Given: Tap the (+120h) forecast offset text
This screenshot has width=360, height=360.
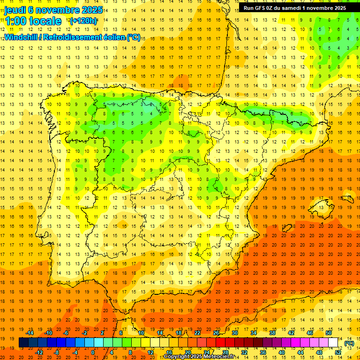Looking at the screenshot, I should pyautogui.click(x=83, y=21).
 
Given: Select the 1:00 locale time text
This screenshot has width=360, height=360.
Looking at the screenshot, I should pyautogui.click(x=33, y=21).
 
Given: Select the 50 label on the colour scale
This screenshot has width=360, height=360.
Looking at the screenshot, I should pyautogui.click(x=329, y=333).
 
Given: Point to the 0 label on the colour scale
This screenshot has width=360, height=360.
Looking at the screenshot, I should pyautogui.click(x=93, y=352).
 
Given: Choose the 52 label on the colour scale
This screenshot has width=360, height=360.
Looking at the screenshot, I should pyautogui.click(x=338, y=352).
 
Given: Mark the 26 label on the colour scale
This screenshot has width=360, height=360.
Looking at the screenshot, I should pyautogui.click(x=216, y=333).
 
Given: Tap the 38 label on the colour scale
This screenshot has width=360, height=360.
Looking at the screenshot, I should pyautogui.click(x=272, y=333).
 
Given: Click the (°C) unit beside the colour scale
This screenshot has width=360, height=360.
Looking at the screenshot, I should pyautogui.click(x=349, y=343).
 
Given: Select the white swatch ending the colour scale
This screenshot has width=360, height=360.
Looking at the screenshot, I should pyautogui.click(x=333, y=343).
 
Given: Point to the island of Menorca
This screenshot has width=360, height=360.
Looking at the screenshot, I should pyautogui.click(x=347, y=194).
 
